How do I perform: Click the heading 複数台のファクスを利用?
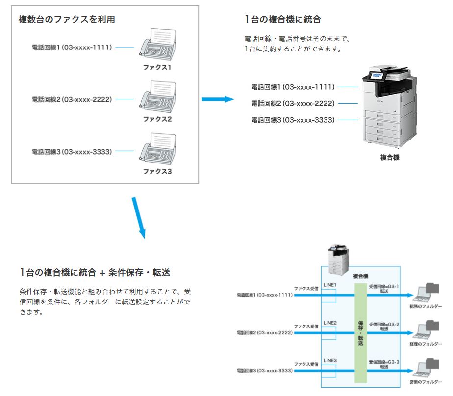pyautogui.click(x=67, y=20)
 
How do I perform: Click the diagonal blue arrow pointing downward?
pyautogui.click(x=139, y=218)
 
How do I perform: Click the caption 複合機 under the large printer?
pyautogui.click(x=390, y=158)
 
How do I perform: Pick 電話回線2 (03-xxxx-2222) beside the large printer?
pyautogui.click(x=293, y=103)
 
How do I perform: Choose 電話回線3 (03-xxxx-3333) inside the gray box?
pyautogui.click(x=72, y=152)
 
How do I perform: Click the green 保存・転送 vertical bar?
pyautogui.click(x=361, y=333)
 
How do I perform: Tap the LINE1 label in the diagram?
pyautogui.click(x=330, y=285)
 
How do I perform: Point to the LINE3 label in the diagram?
pyautogui.click(x=330, y=361)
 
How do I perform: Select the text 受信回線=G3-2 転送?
pyautogui.click(x=384, y=326)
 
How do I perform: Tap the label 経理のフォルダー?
pyautogui.click(x=426, y=344)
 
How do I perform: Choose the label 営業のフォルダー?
pyautogui.click(x=426, y=382)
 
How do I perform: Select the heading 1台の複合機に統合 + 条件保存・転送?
pyautogui.click(x=95, y=272)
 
